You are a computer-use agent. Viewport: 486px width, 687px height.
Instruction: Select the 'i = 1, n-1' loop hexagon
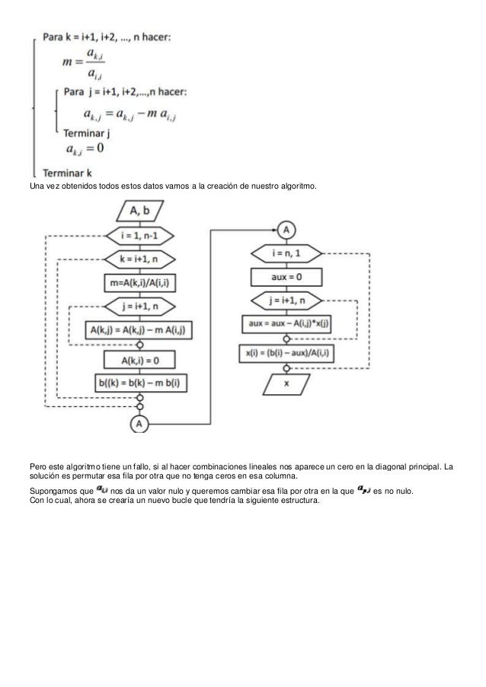click(x=139, y=236)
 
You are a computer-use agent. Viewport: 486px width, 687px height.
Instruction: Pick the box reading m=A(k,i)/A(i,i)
click(x=139, y=284)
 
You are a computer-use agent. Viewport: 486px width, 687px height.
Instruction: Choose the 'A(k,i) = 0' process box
click(x=139, y=359)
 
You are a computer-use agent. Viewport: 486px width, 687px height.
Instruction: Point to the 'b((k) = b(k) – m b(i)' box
click(x=139, y=381)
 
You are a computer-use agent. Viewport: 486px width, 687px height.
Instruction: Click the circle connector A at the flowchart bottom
click(x=139, y=422)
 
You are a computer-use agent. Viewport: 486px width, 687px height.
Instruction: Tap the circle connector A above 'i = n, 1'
click(x=286, y=229)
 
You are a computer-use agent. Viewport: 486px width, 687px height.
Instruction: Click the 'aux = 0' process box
click(x=286, y=278)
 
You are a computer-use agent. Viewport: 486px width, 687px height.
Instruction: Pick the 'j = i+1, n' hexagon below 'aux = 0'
click(x=286, y=301)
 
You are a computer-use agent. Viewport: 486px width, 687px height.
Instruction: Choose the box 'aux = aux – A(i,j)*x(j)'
click(x=286, y=324)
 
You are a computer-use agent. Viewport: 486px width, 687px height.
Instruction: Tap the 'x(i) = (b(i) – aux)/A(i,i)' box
click(x=286, y=352)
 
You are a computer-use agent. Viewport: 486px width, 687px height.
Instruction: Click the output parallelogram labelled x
click(x=286, y=384)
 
